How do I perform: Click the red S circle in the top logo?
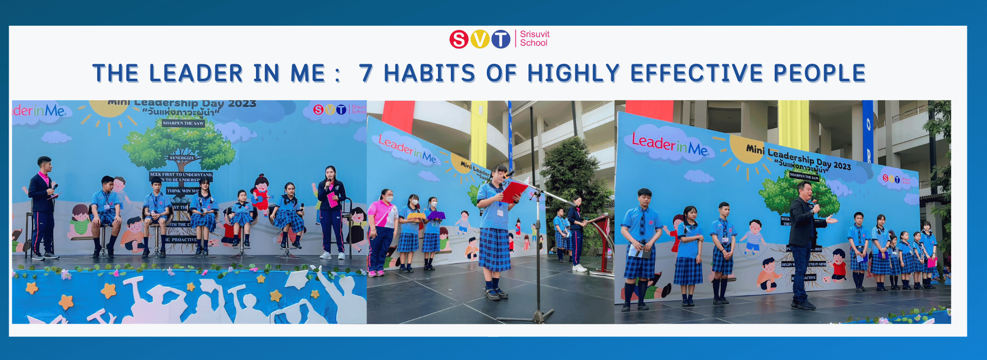pyautogui.click(x=459, y=39)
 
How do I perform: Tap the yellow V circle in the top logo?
pyautogui.click(x=480, y=39)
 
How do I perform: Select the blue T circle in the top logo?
pyautogui.click(x=501, y=39)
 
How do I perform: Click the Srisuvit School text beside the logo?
pyautogui.click(x=534, y=39)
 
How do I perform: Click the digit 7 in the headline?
pyautogui.click(x=365, y=74)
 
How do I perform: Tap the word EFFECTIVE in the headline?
pyautogui.click(x=697, y=74)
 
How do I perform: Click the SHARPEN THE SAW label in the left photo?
pyautogui.click(x=183, y=123)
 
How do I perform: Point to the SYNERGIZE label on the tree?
pyautogui.click(x=182, y=158)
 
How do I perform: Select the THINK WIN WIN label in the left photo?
pyautogui.click(x=182, y=191)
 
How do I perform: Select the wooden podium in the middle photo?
pyautogui.click(x=602, y=242)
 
